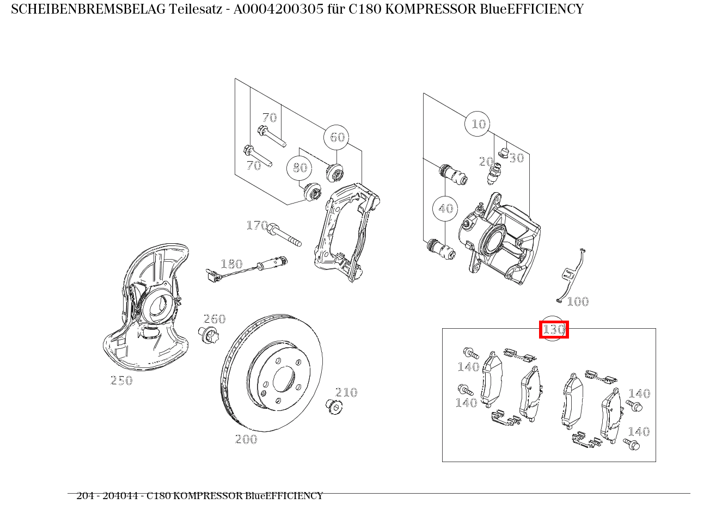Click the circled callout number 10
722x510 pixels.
(x=478, y=124)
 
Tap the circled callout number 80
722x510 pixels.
(x=299, y=168)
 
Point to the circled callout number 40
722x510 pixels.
(x=445, y=208)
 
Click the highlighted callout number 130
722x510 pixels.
(x=554, y=330)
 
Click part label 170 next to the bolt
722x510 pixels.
(x=257, y=225)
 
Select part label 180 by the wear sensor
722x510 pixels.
(x=231, y=264)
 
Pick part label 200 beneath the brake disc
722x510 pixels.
(x=246, y=439)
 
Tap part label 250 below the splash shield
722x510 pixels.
(x=121, y=380)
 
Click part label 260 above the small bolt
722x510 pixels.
(x=215, y=319)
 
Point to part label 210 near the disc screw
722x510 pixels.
(x=346, y=392)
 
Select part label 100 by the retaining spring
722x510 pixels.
(x=578, y=302)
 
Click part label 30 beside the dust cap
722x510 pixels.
(x=516, y=158)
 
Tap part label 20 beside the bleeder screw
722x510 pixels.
(x=486, y=162)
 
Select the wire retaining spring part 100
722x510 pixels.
(x=572, y=275)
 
